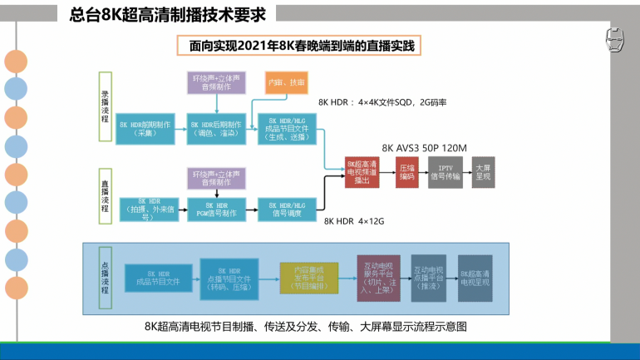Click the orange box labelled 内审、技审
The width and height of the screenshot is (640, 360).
285,83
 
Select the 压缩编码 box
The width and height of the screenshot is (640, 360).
406,171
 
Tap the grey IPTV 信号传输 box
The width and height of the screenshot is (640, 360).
445,171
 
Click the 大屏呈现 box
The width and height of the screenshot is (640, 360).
482,171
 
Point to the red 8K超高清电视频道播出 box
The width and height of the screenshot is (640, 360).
362,171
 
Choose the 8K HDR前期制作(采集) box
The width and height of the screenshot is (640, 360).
146,128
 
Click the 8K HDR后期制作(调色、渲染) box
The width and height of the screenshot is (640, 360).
216,128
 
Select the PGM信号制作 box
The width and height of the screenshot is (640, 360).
216,209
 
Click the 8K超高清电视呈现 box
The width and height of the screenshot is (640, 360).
479,277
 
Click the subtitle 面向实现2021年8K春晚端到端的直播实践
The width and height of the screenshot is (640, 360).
301,47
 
